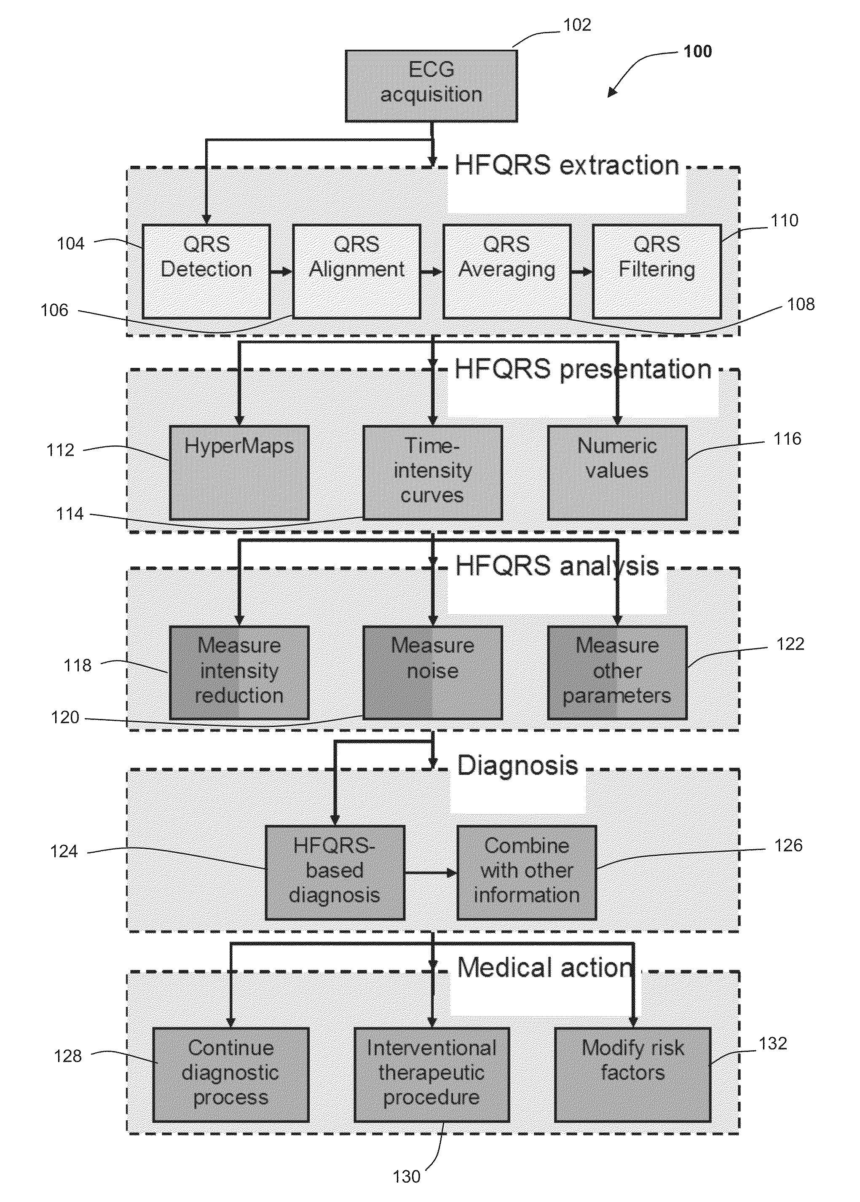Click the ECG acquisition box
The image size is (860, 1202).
coord(431,86)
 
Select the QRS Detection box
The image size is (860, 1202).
coord(206,271)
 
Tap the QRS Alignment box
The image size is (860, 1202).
coord(356,271)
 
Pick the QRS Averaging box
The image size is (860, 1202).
coord(507,271)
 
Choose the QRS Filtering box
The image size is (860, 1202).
coord(656,271)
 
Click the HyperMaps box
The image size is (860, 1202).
coord(239,472)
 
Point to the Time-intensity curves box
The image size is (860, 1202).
coord(433,472)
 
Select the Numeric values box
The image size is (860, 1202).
coord(617,472)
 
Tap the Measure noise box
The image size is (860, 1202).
coord(433,673)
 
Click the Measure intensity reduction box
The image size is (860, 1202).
coord(239,673)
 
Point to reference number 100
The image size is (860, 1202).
coord(697,51)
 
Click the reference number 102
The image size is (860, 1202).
coord(577,25)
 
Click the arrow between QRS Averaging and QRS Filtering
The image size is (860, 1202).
coord(582,272)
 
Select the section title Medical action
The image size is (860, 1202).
coord(545,967)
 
